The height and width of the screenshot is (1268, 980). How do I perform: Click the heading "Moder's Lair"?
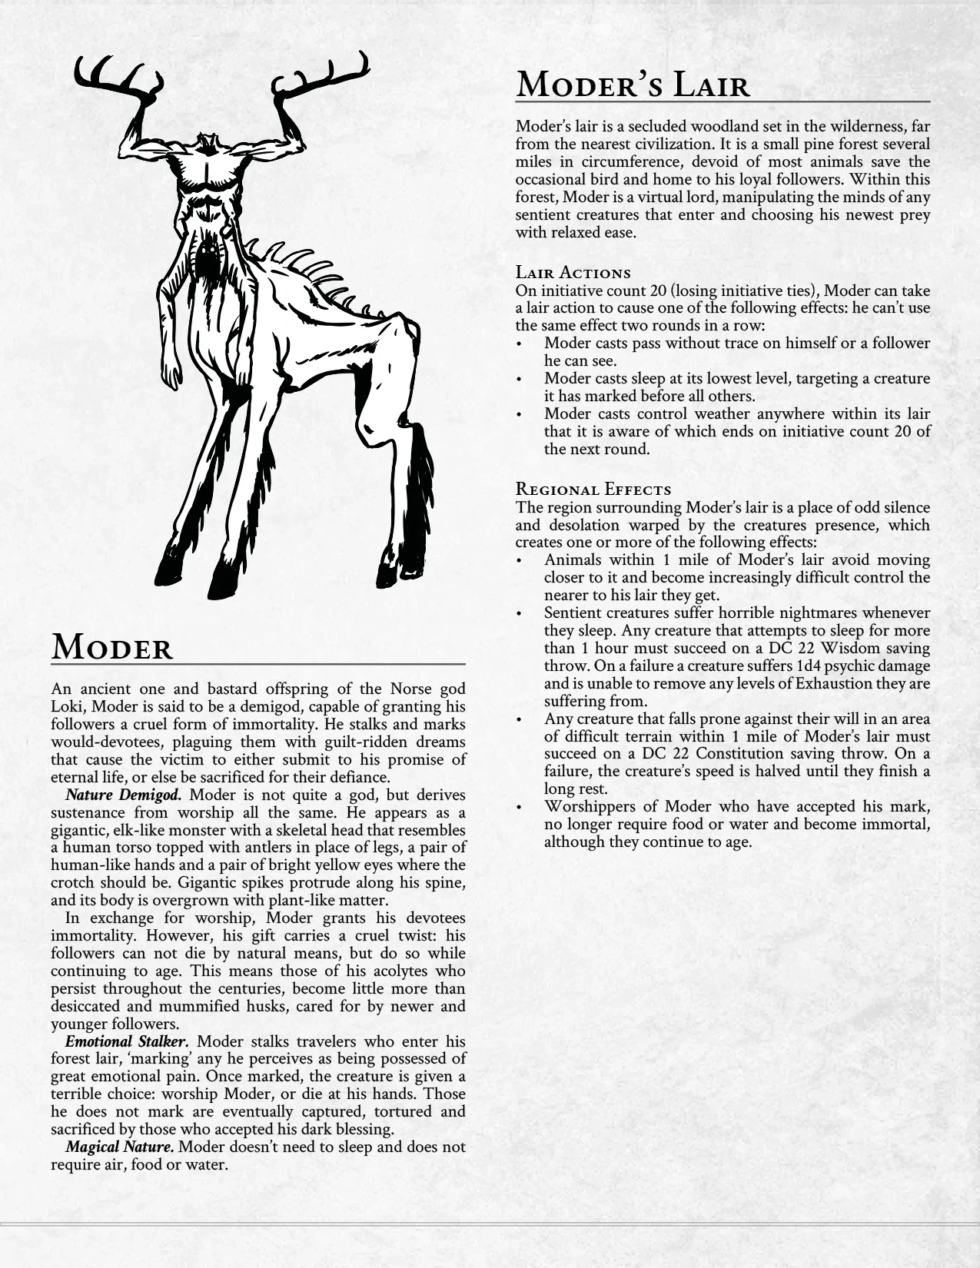pyautogui.click(x=633, y=84)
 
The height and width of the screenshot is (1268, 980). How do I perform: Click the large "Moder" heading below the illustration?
pyautogui.click(x=112, y=648)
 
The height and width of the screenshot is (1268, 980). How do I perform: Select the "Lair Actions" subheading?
pyautogui.click(x=573, y=273)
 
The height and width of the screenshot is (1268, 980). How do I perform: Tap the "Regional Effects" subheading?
pyautogui.click(x=593, y=490)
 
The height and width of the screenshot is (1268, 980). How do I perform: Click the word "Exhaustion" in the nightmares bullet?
pyautogui.click(x=806, y=684)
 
